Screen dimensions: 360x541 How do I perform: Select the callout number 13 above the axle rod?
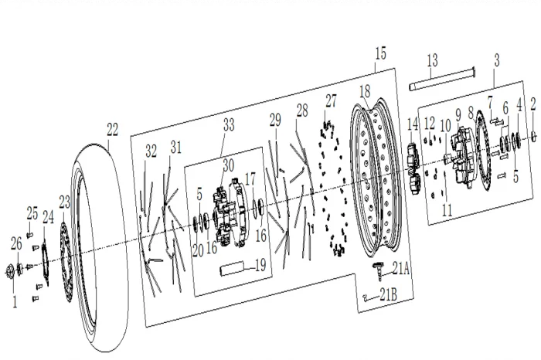432,59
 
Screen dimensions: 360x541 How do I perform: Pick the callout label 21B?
390,294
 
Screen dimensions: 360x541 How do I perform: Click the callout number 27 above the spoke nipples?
332,100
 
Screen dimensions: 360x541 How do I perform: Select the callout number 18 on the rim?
364,90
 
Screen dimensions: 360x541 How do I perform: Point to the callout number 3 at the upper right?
496,59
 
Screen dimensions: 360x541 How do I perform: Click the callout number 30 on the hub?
227,164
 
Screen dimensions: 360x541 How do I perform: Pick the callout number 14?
413,124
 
